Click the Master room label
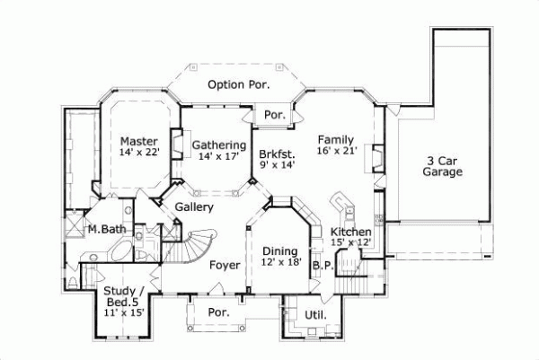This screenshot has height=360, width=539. point(138,142)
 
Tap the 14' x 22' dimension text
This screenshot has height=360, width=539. point(138,154)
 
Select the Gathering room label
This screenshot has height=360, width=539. point(219,145)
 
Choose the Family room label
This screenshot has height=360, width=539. point(335,140)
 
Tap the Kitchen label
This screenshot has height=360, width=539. point(351,232)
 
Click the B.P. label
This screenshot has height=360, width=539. point(323,266)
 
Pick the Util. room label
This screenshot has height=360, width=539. point(315,315)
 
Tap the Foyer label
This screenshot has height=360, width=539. point(224,266)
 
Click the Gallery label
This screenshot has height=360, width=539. point(193,207)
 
